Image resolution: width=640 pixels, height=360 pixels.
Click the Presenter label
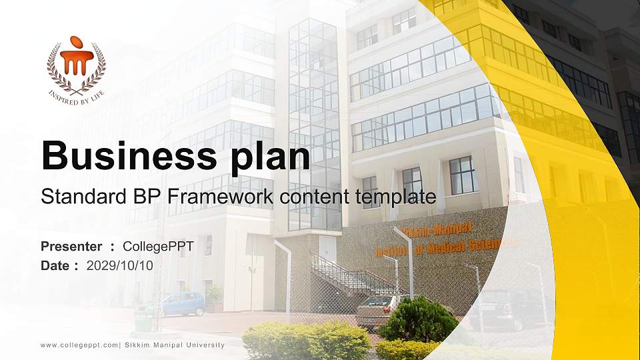point(71,247)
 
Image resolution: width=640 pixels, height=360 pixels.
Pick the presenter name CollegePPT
point(158,247)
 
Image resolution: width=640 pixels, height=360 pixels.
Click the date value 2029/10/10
point(120,265)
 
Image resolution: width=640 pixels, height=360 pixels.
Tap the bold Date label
point(55,265)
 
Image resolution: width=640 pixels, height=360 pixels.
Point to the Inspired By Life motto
point(76,95)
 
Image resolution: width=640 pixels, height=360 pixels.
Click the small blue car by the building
point(181,304)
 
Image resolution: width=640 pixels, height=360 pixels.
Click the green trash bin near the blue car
point(143,319)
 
